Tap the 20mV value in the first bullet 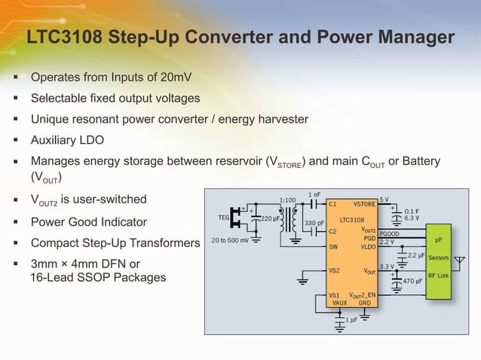point(180,77)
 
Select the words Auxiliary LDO point(67,139)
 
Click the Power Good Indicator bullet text point(88,222)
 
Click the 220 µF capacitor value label point(271,218)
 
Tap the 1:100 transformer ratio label point(287,200)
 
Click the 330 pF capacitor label point(314,224)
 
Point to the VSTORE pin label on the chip point(364,203)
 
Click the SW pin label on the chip point(333,246)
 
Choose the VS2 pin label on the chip point(335,270)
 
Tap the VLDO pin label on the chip point(368,246)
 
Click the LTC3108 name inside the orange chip point(352,221)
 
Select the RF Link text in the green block point(438,276)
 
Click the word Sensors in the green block point(439,258)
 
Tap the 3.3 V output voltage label point(386,266)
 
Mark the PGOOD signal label point(389,233)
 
